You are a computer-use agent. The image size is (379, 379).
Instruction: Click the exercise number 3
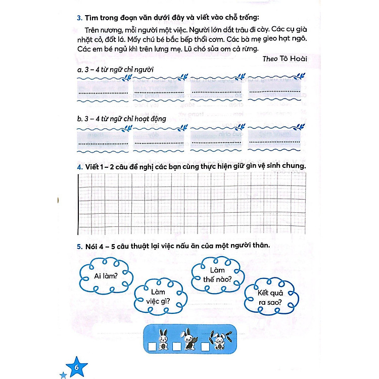point(79,19)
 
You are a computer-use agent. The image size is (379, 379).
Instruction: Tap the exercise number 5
point(79,246)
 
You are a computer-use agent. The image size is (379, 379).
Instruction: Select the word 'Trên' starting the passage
point(94,30)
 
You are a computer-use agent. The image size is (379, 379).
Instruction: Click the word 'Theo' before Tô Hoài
point(272,59)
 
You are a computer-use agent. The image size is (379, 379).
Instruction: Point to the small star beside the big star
point(63,374)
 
